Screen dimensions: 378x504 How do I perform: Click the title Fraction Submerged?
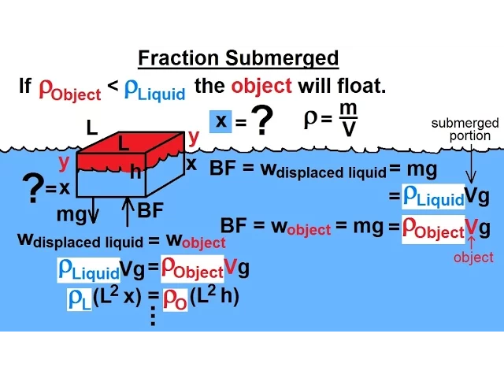click(238, 58)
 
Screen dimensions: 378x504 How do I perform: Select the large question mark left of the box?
click(32, 187)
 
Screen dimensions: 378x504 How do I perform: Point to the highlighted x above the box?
click(220, 120)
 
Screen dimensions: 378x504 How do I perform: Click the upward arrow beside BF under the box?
click(126, 212)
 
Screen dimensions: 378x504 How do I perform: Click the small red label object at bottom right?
click(473, 258)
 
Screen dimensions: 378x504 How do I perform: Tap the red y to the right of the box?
click(194, 136)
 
